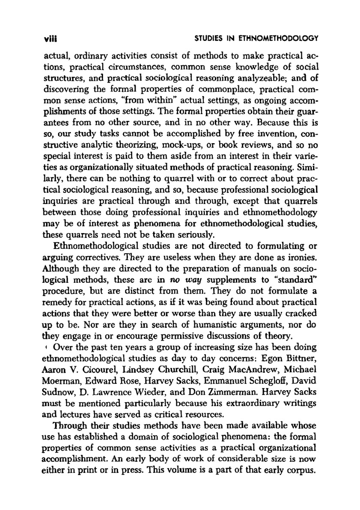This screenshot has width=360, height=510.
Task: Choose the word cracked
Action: [x=301, y=313]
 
